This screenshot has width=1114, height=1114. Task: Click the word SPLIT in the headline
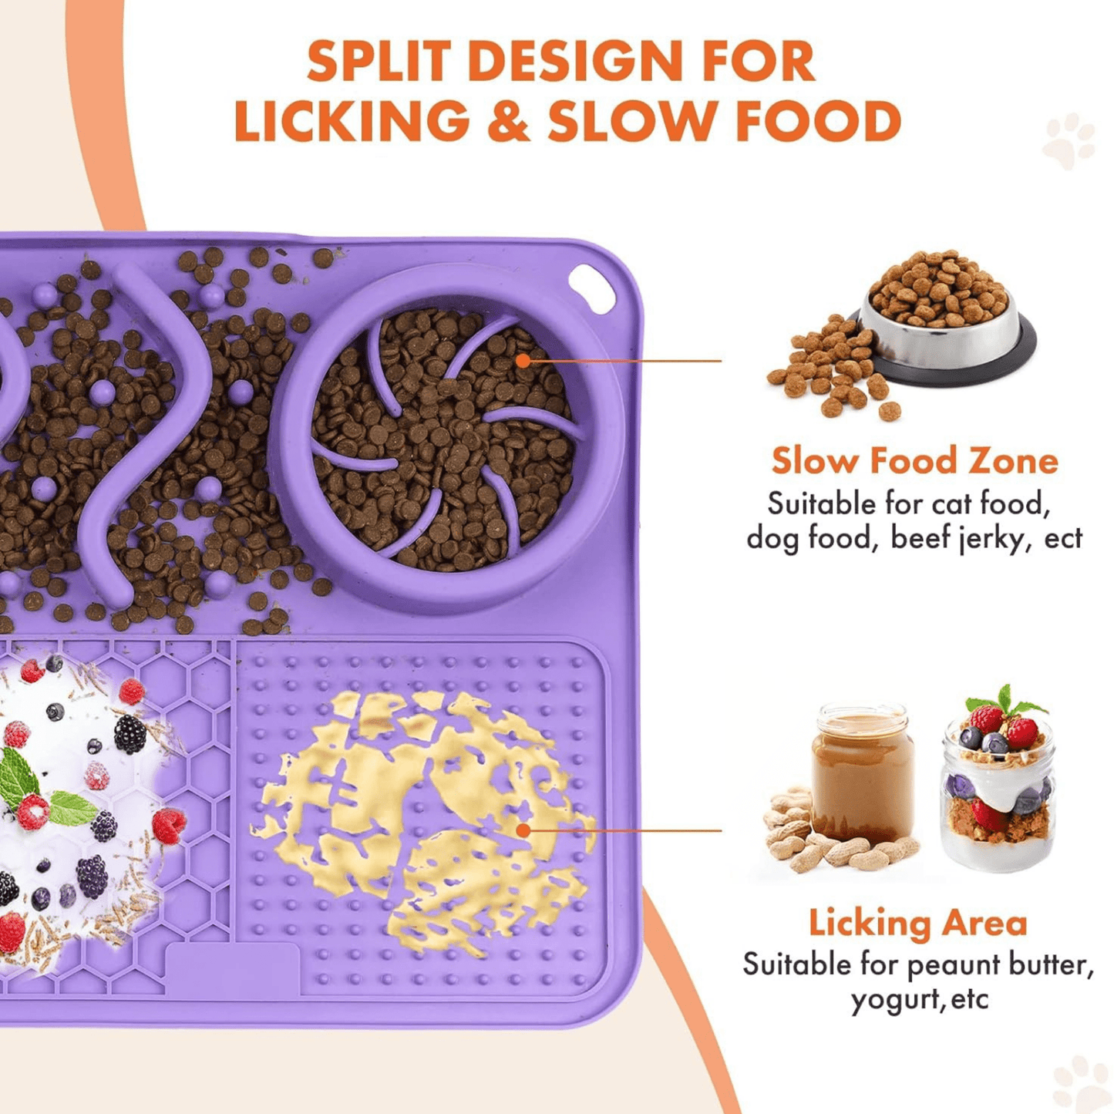[379, 62]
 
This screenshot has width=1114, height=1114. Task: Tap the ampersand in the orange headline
[508, 122]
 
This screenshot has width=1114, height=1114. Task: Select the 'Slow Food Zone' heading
[914, 461]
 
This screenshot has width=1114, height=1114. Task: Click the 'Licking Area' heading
[917, 923]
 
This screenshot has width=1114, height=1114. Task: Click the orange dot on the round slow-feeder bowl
[523, 360]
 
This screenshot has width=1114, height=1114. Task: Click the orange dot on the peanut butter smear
[523, 830]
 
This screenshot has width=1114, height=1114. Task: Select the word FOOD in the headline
[818, 122]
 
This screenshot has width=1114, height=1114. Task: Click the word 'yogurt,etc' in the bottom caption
[919, 1000]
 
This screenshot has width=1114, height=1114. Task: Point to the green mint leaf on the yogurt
[19, 779]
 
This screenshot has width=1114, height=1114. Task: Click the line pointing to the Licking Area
[624, 830]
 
